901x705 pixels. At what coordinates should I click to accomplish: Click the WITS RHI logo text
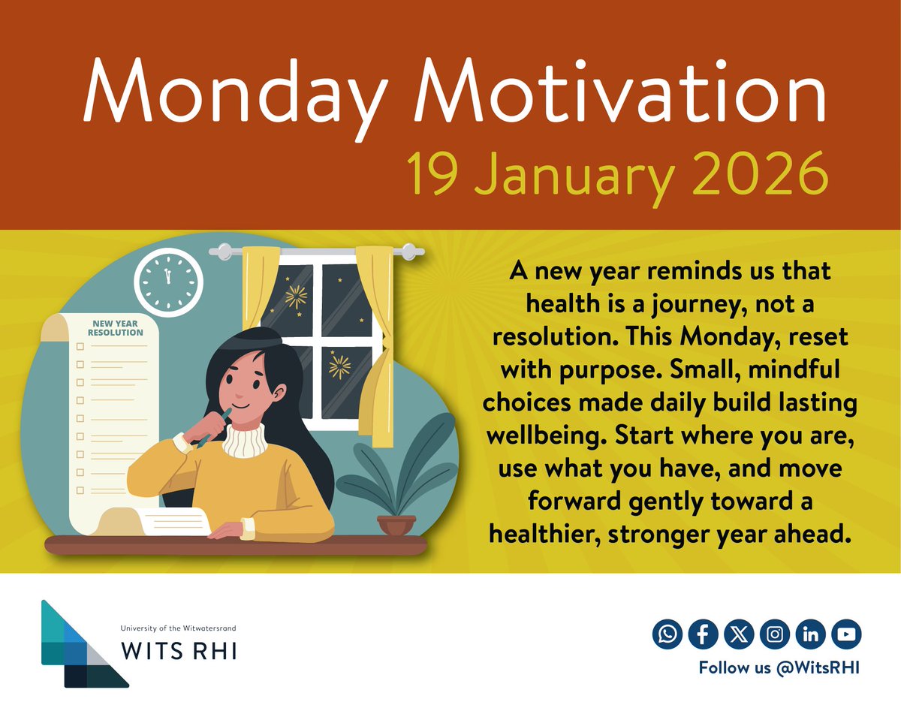179,651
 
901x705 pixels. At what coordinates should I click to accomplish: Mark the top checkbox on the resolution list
80,346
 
